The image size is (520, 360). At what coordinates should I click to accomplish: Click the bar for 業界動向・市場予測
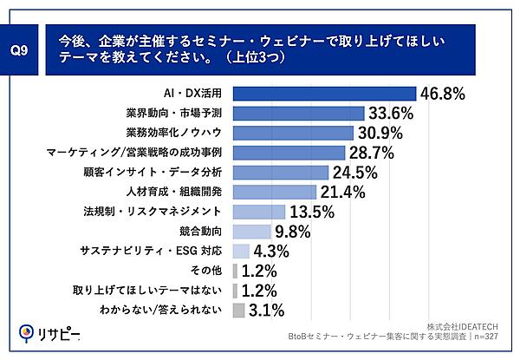pyautogui.click(x=298, y=114)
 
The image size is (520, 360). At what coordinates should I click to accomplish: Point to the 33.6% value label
pyautogui.click(x=391, y=114)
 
